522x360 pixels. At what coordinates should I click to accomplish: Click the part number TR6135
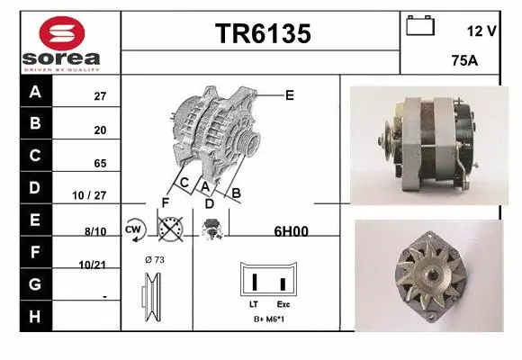click(x=262, y=34)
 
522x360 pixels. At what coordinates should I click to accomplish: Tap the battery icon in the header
click(x=420, y=25)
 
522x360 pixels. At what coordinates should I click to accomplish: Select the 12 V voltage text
click(x=481, y=31)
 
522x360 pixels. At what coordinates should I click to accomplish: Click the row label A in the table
click(x=36, y=92)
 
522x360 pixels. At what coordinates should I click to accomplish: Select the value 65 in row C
click(x=100, y=164)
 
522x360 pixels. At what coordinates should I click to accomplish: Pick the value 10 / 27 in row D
click(x=95, y=195)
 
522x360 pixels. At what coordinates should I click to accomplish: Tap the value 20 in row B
click(x=100, y=130)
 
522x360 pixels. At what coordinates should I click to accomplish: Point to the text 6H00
click(x=291, y=231)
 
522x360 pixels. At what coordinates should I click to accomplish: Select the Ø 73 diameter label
click(x=154, y=260)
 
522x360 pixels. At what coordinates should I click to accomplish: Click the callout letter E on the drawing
click(x=290, y=94)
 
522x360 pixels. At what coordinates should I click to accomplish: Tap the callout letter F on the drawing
click(x=166, y=201)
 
